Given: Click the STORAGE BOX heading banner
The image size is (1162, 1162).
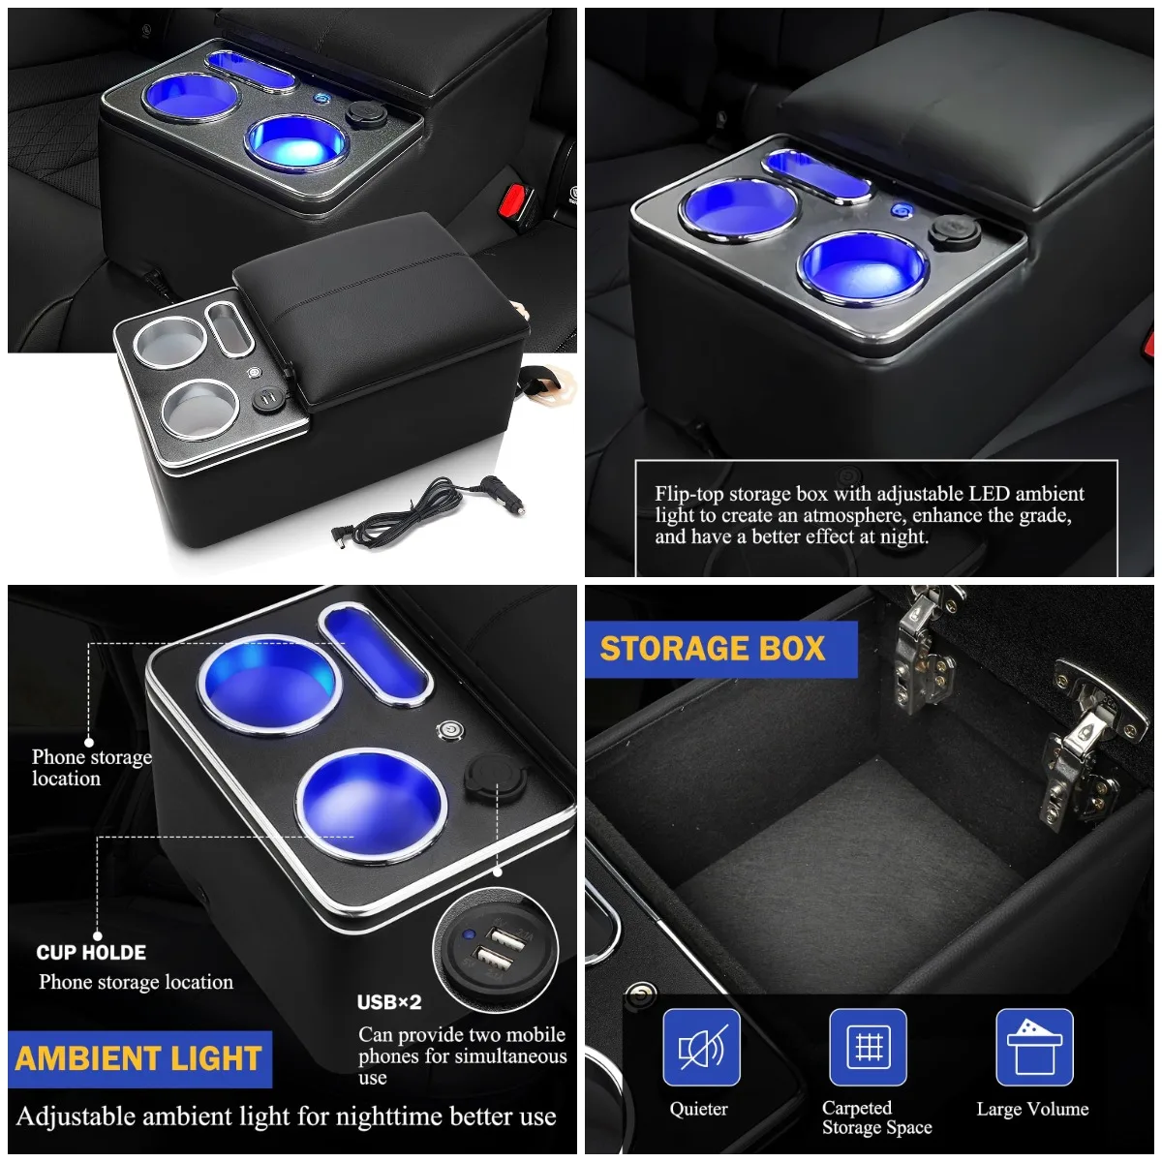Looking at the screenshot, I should coord(713,649).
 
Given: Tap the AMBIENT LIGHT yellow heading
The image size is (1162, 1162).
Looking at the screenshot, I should coord(138,1059).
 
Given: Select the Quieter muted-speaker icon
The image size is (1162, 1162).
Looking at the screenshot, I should coord(701,1048).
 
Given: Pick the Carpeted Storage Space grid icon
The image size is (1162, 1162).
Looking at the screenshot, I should coord(868,1048).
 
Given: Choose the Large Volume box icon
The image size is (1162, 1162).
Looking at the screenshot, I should coord(1034,1048).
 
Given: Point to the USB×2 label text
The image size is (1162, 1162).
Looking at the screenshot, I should coord(389,1002).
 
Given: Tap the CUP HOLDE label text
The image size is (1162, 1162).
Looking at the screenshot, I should coord(91,953).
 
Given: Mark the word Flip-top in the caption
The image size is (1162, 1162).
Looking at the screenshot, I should coord(688,494).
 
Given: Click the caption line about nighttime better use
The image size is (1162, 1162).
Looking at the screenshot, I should coord(287,1116).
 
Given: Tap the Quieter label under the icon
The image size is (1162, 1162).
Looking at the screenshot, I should coord(698,1110).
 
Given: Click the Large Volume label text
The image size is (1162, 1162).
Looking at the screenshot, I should coord(1032,1110).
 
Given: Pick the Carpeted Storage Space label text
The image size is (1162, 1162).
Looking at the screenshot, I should coord(876,1117).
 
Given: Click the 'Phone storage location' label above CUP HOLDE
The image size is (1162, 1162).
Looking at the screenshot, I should coord(91,768).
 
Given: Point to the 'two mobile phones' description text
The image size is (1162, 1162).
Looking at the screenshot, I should coord(462,1055).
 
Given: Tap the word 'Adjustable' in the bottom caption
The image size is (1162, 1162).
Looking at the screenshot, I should coord(76,1116).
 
